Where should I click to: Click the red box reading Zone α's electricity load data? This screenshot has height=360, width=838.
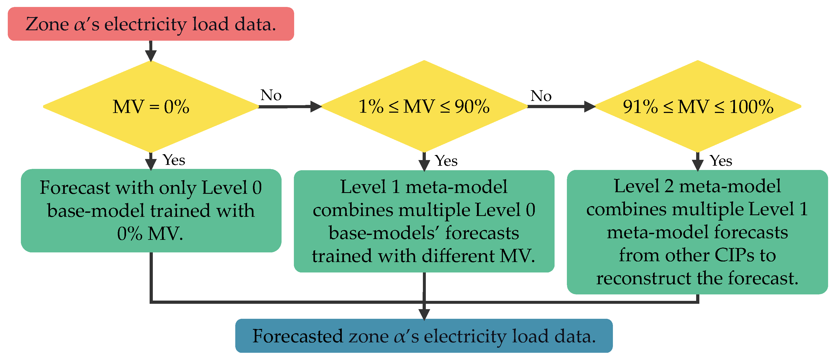(151, 24)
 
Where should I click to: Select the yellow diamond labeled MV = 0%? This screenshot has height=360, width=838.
(151, 106)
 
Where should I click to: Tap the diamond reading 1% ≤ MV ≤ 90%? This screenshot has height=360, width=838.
(424, 106)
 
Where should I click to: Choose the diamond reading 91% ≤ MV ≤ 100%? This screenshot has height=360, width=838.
(698, 106)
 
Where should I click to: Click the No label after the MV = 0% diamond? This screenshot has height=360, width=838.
(271, 95)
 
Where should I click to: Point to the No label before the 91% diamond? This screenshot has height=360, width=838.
(541, 96)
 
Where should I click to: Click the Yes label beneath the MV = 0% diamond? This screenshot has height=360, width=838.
(174, 160)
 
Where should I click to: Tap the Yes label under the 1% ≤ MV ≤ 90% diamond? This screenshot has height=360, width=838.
(446, 161)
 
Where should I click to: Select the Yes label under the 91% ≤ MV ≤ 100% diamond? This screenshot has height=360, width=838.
(721, 161)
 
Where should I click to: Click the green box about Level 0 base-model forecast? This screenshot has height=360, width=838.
(151, 210)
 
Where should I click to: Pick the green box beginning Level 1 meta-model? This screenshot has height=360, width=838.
(424, 221)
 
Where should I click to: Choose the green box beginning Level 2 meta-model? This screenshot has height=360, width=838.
(697, 232)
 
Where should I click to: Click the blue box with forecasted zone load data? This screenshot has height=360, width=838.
(424, 336)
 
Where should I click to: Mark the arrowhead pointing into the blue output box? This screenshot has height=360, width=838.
(424, 314)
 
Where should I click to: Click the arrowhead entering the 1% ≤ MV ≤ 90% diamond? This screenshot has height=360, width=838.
(316, 106)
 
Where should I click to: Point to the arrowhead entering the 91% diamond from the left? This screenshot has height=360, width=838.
(589, 106)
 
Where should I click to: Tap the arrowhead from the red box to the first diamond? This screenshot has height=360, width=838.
(151, 56)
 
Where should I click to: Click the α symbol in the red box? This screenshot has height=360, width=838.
(79, 25)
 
